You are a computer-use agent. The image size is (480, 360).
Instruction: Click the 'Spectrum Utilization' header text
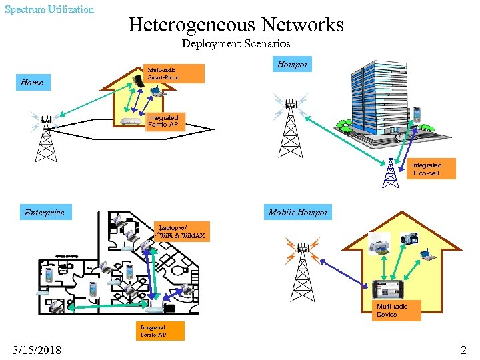pos(49,9)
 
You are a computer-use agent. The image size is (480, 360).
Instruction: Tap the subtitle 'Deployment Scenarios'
pos(236,44)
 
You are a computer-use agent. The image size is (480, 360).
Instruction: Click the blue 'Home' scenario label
pos(32,83)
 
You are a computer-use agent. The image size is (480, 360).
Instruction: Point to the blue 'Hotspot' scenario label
pos(292,65)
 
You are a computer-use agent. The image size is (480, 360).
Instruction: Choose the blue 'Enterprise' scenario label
pos(45,213)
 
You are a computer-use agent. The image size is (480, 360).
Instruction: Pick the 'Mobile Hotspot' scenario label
pos(298,213)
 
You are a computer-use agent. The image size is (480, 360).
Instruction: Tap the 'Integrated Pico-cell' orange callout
pos(426,169)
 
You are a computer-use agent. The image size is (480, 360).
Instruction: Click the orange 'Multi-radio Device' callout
pos(397,310)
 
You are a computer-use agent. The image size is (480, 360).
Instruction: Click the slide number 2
pos(463,350)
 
